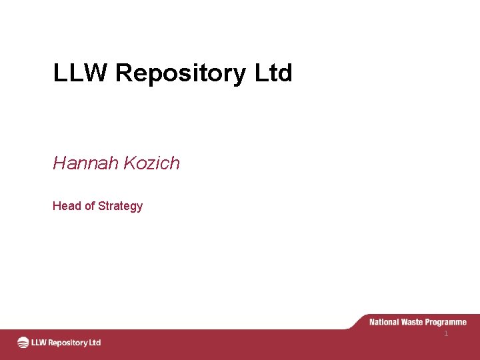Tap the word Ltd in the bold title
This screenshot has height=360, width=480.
click(273, 73)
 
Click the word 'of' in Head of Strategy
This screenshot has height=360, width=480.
click(89, 206)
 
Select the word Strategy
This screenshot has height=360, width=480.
click(120, 207)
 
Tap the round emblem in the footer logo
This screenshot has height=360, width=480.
click(23, 343)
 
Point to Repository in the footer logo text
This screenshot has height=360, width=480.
click(68, 343)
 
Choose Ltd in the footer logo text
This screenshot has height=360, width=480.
click(95, 343)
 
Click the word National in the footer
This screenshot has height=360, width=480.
click(384, 322)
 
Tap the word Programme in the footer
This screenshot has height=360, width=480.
click(447, 323)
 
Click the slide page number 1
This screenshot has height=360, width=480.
click(446, 333)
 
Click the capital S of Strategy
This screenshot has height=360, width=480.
click(101, 206)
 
